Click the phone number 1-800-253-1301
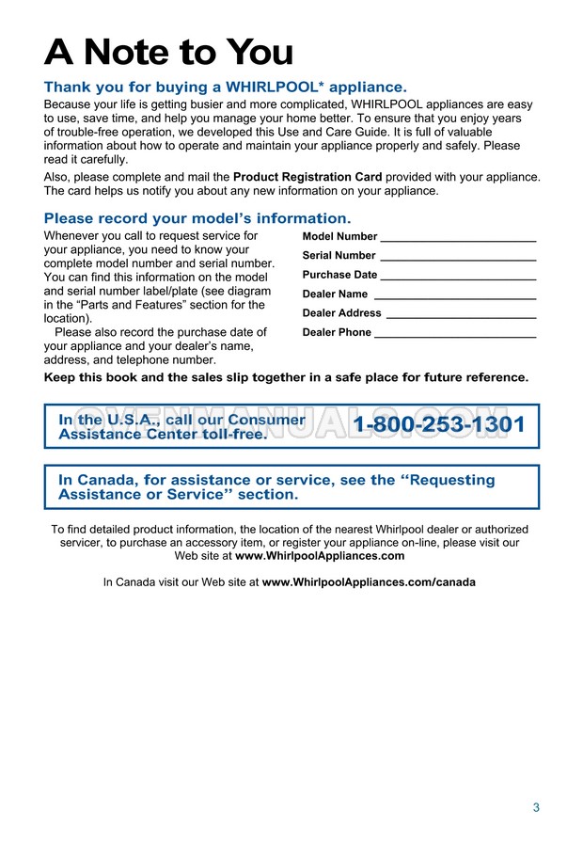(x=439, y=425)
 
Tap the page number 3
(x=536, y=807)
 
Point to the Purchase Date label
(x=339, y=275)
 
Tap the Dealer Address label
(x=341, y=313)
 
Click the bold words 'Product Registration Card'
(x=307, y=176)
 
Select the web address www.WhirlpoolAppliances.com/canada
(x=369, y=582)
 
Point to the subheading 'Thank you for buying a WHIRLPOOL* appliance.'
(x=226, y=87)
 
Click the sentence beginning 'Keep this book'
(x=286, y=377)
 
